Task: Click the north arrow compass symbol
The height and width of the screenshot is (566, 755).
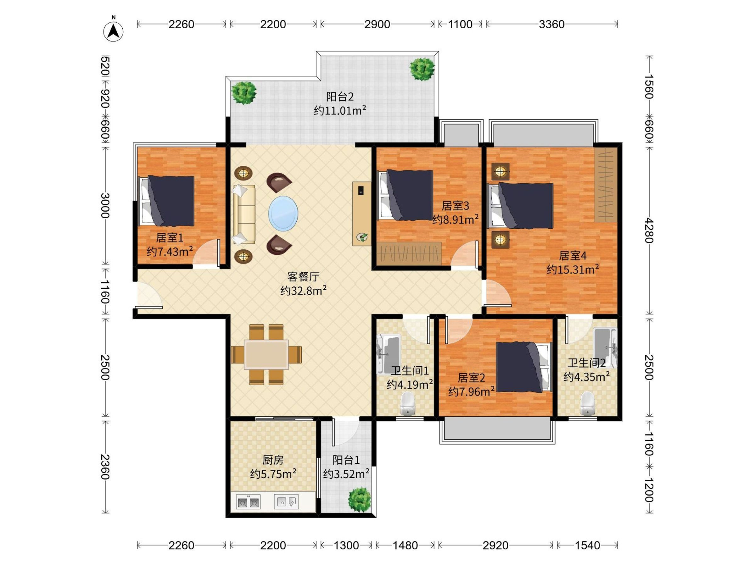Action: pos(113,31)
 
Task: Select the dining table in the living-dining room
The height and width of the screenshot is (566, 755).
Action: pos(266,354)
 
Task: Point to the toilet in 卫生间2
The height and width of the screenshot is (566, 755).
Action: pos(587,403)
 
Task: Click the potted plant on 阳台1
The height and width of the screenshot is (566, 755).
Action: pos(359,499)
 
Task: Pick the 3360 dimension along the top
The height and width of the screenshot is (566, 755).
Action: pos(551,24)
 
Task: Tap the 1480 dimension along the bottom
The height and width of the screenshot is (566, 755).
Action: pos(405,546)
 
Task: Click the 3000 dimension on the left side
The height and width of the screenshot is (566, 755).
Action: pos(105,205)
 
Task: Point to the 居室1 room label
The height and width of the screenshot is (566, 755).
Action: pos(170,237)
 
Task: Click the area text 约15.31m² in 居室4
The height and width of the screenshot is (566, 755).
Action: pos(573,269)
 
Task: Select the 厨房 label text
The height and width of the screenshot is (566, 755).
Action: pos(273,460)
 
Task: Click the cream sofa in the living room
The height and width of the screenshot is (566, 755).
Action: pos(244,214)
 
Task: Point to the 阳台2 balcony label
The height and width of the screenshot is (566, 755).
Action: pos(340,97)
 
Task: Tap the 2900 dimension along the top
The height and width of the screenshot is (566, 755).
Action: pos(377,24)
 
